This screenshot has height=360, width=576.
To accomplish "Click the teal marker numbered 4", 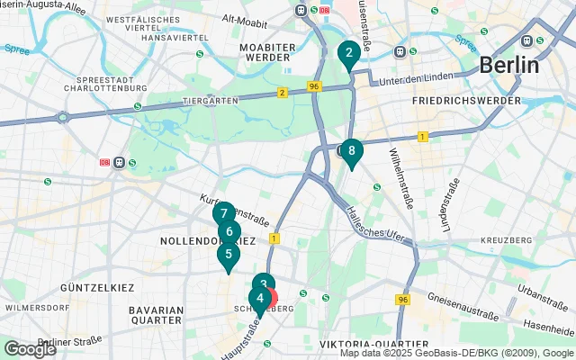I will coord(260,300).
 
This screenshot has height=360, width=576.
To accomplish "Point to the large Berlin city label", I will coord(508,65).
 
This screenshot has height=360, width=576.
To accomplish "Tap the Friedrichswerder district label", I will coord(465,101).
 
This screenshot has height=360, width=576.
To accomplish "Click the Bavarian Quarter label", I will coord(156,314).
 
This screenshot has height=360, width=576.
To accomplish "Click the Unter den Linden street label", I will coord(413,81).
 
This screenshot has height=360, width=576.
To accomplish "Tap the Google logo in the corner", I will coord(29,348).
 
